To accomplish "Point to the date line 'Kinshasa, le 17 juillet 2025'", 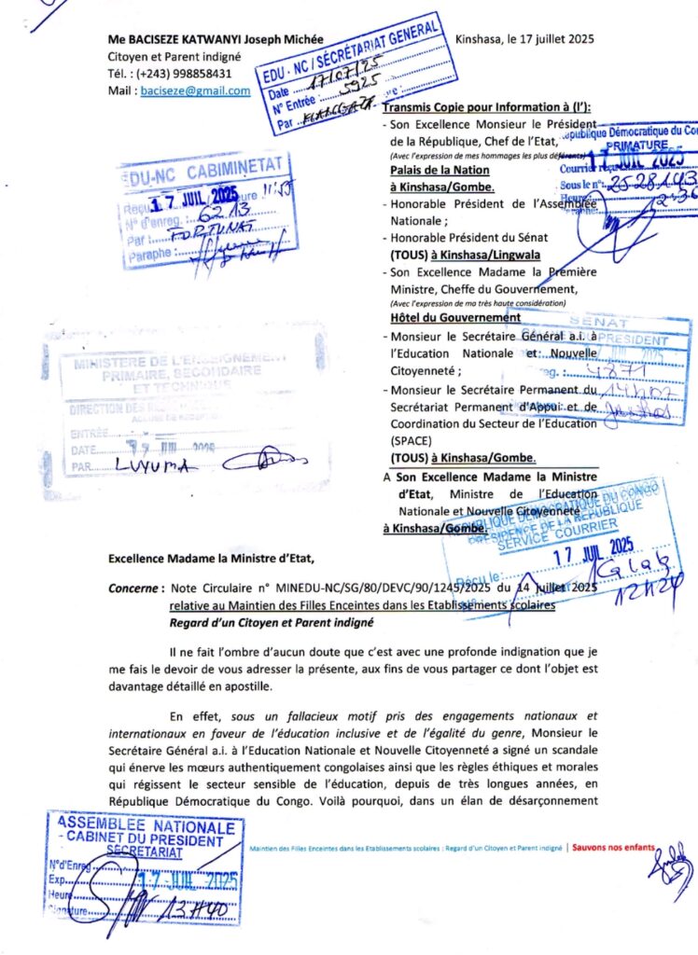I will (x=524, y=39).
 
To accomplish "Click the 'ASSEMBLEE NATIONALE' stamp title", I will (x=147, y=826).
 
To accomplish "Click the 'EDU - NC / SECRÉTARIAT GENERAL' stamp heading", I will (x=353, y=46).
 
